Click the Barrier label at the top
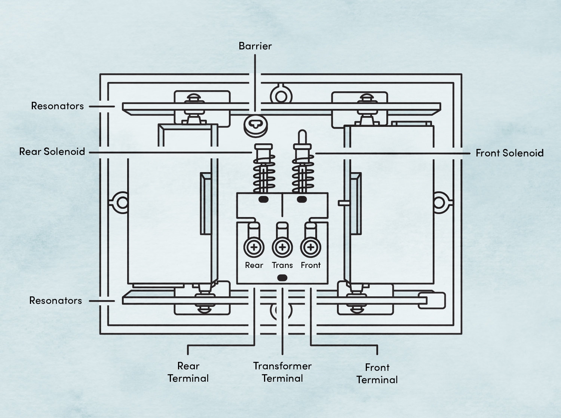pos(255,46)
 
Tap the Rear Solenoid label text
pos(52,152)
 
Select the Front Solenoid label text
pos(509,153)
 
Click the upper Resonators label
pos(57,106)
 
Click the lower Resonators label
pos(55,300)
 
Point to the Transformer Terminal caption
pos(282,372)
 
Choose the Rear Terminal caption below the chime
pos(188,372)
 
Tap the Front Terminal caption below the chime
pos(377,373)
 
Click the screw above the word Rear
pos(254,247)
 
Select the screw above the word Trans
pos(282,247)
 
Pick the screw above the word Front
pos(310,247)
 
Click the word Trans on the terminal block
pos(282,265)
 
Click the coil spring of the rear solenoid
pos(264,174)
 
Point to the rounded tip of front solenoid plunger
pos(302,134)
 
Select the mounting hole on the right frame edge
pos(439,202)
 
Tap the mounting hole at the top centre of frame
pos(281,95)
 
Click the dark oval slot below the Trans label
pos(282,278)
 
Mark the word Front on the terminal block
pos(310,265)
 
